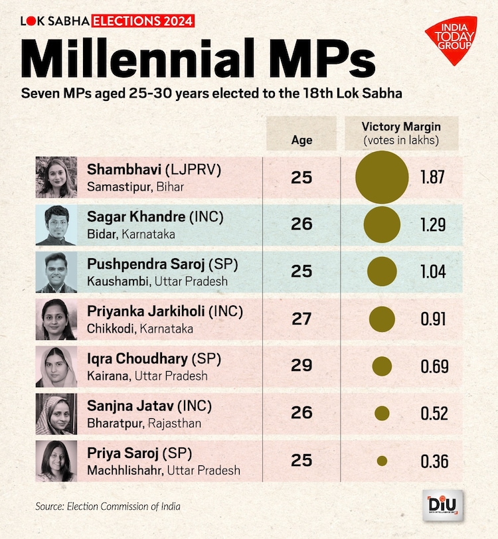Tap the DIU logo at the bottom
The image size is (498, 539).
point(442,507)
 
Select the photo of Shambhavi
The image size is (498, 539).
point(56,177)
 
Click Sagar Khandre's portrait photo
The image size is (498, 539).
point(56,225)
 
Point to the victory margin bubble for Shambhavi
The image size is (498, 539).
point(382,177)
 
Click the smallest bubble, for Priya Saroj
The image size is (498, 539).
point(382,461)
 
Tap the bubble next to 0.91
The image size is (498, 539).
point(382,319)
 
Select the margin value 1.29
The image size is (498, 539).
point(433,225)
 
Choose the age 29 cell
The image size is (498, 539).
point(301,366)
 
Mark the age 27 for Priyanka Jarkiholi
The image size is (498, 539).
point(301,319)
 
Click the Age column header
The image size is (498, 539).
point(301,140)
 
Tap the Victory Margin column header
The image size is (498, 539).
point(401,133)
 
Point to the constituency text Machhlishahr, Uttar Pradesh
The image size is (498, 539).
point(163,471)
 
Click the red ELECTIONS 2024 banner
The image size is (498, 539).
point(143,21)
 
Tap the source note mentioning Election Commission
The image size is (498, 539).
point(108,506)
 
